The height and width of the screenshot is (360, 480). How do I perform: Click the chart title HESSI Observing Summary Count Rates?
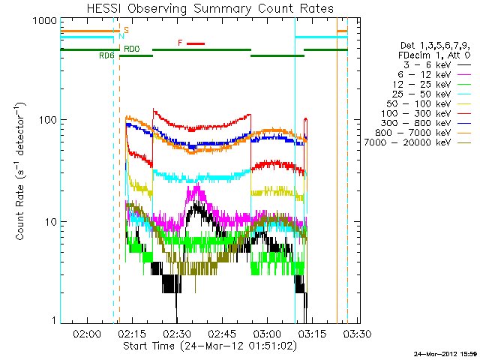click(x=209, y=8)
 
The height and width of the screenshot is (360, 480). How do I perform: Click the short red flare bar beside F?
click(x=195, y=43)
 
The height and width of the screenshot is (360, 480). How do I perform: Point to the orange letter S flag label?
click(x=126, y=30)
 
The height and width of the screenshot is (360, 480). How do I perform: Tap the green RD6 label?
click(x=106, y=56)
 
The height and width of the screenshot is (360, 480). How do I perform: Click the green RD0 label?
click(x=132, y=49)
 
